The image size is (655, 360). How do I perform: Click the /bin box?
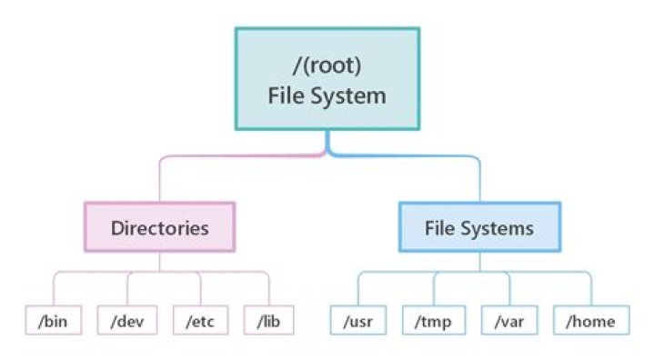click(52, 321)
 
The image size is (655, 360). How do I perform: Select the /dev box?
click(126, 321)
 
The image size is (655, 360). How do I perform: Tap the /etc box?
click(199, 321)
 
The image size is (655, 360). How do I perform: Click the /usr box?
click(358, 321)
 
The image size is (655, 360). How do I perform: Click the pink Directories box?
click(160, 227)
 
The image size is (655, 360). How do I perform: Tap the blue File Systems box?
click(479, 227)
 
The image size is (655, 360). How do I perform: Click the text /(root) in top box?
click(327, 66)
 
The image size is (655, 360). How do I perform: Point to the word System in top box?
click(352, 95)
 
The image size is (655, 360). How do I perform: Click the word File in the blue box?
click(439, 227)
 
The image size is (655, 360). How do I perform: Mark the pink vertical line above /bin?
click(52, 289)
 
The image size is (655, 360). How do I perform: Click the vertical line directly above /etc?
click(199, 289)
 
